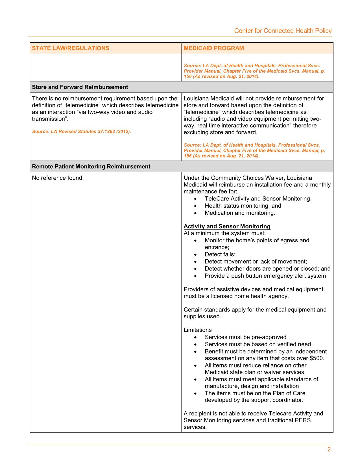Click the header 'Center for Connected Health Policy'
283,31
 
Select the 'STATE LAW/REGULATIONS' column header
71,48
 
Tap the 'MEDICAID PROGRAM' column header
214,48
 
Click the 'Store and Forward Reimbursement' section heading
80,87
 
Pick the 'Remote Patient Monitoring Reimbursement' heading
91,166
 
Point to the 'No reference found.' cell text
58,178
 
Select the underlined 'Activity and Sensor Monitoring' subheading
227,226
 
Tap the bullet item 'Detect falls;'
220,254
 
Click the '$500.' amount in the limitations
317,358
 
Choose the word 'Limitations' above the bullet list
197,330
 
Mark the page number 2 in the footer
329,450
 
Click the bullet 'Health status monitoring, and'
243,206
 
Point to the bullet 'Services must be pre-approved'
245,337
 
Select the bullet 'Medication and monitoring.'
240,213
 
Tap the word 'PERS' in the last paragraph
303,420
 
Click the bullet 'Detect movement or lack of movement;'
256,261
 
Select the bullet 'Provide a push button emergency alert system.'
266,276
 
